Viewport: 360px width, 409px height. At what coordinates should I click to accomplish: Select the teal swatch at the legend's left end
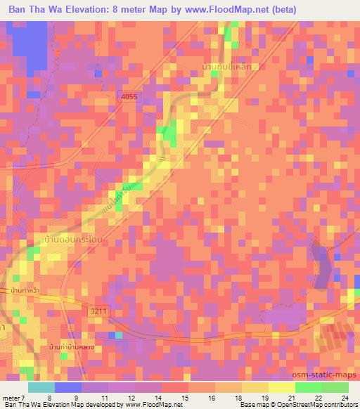(41, 387)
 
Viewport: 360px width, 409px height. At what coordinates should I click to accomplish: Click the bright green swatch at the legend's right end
(335, 387)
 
